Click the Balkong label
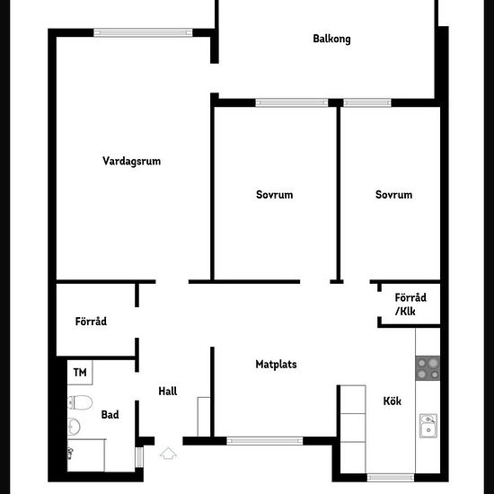click(x=331, y=39)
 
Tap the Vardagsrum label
click(x=132, y=161)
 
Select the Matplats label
click(x=276, y=364)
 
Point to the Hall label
click(x=168, y=392)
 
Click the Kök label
click(x=393, y=401)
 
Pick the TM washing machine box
click(x=80, y=373)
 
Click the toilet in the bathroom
click(x=80, y=402)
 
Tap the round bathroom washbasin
click(x=74, y=427)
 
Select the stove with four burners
click(x=428, y=368)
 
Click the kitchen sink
click(x=428, y=426)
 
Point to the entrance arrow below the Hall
click(x=168, y=453)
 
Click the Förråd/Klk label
click(x=410, y=304)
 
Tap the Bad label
click(x=110, y=415)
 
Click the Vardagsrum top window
click(x=143, y=32)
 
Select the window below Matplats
click(x=265, y=441)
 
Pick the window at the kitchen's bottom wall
click(x=391, y=478)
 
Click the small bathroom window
click(x=139, y=457)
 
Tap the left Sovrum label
click(x=275, y=195)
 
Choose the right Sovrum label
click(x=393, y=195)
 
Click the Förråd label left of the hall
click(x=91, y=322)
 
